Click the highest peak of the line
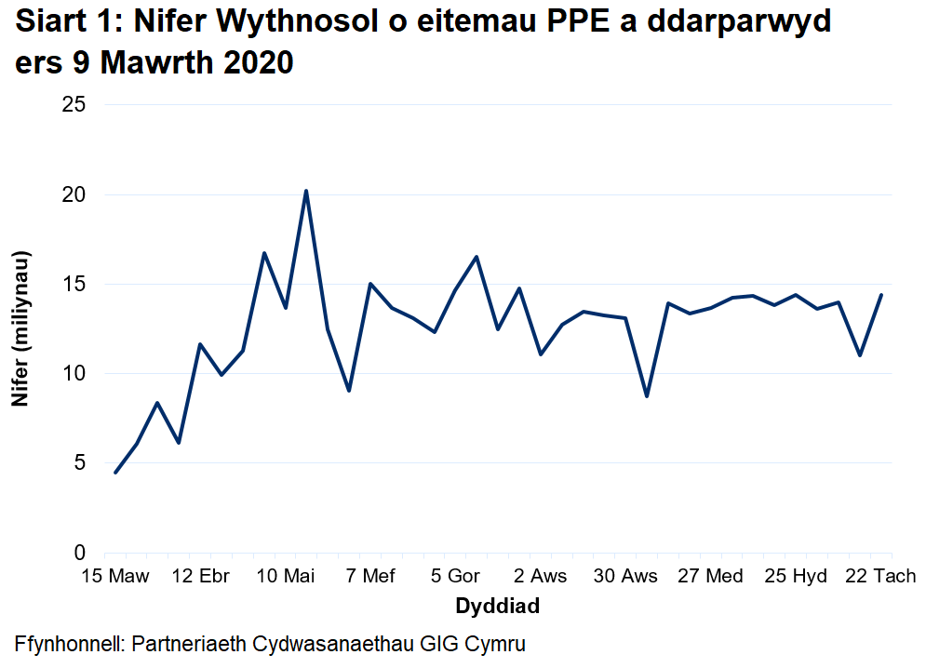[x=306, y=191]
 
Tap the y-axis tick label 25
[x=74, y=105]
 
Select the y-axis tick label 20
[x=74, y=195]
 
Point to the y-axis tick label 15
[x=74, y=285]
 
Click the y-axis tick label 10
[x=74, y=374]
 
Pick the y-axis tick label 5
[x=80, y=463]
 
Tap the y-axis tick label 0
[x=80, y=553]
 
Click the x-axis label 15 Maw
[x=114, y=577]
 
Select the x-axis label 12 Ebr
[x=201, y=577]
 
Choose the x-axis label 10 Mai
[x=286, y=577]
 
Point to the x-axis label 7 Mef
[x=370, y=577]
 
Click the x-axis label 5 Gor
[x=455, y=577]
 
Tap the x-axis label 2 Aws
[x=540, y=577]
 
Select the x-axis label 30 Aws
[x=625, y=577]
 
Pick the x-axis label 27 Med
[x=711, y=577]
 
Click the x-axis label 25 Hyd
[x=796, y=577]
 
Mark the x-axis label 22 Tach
[x=880, y=577]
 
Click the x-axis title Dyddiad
[x=497, y=607]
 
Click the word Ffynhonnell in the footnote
[x=68, y=644]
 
